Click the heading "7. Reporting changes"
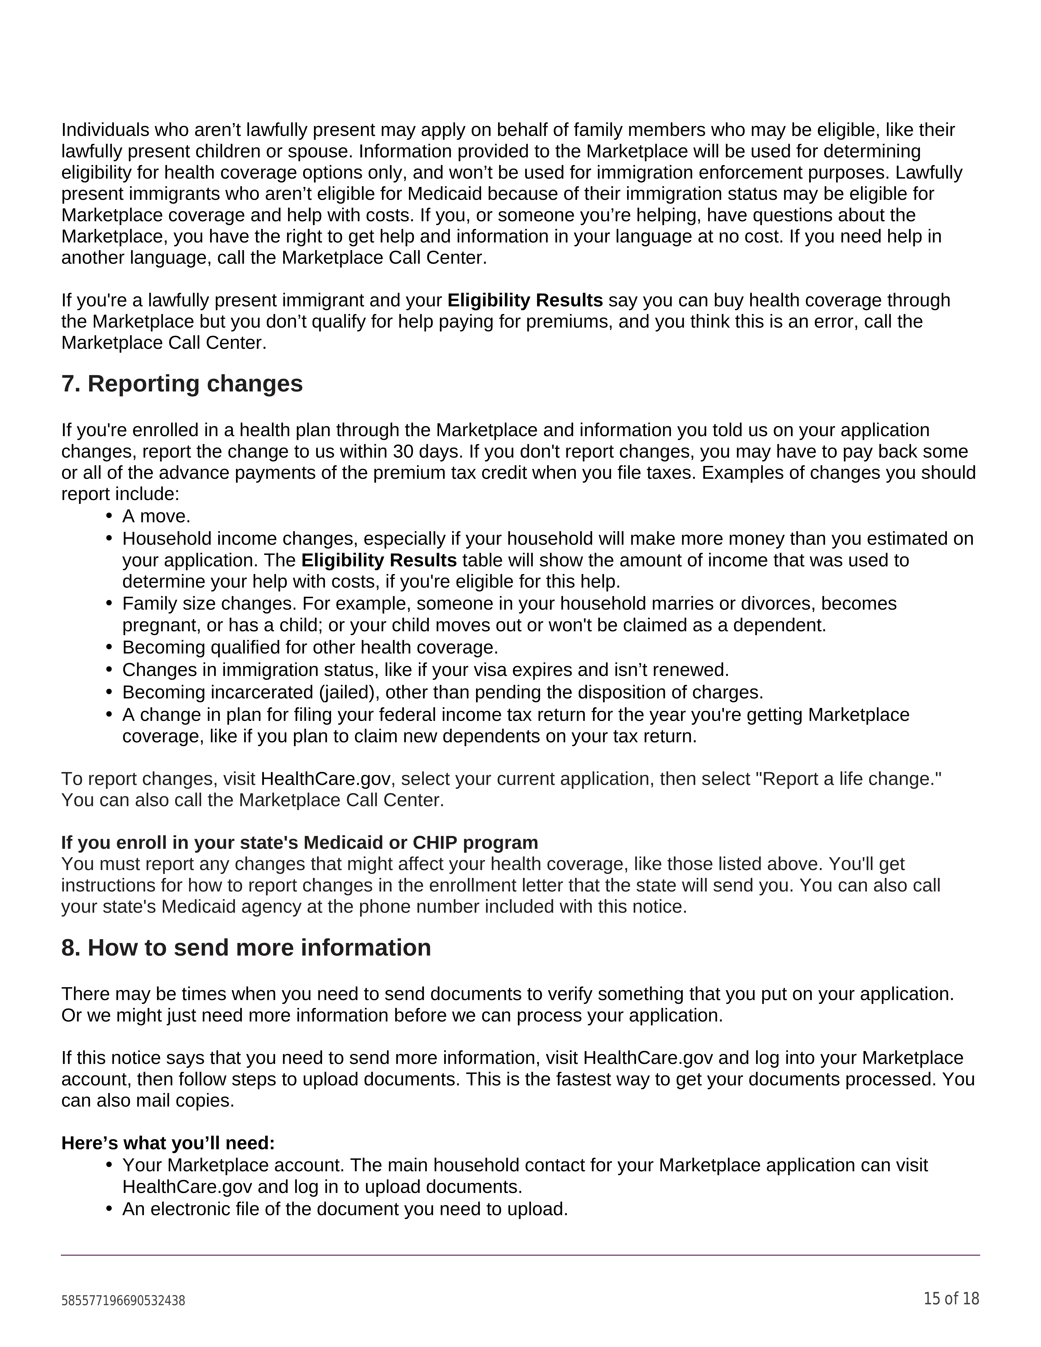[x=182, y=384]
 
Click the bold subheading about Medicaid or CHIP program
[x=299, y=842]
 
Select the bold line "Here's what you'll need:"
[x=168, y=1143]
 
